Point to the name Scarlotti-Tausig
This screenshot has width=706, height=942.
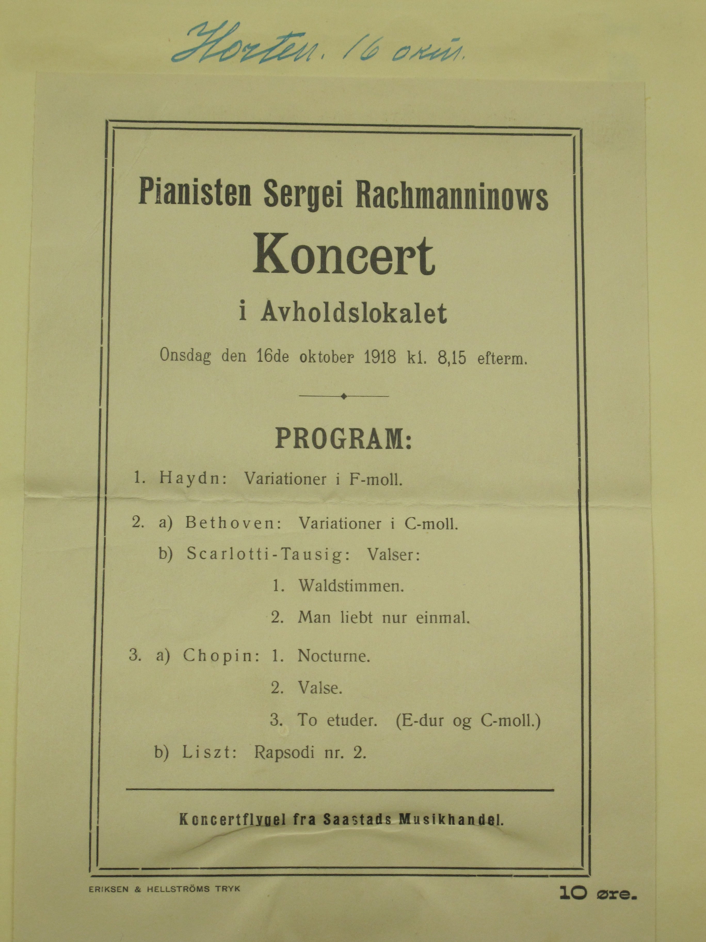[x=268, y=555]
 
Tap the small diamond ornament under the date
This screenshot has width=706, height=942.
[x=344, y=396]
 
